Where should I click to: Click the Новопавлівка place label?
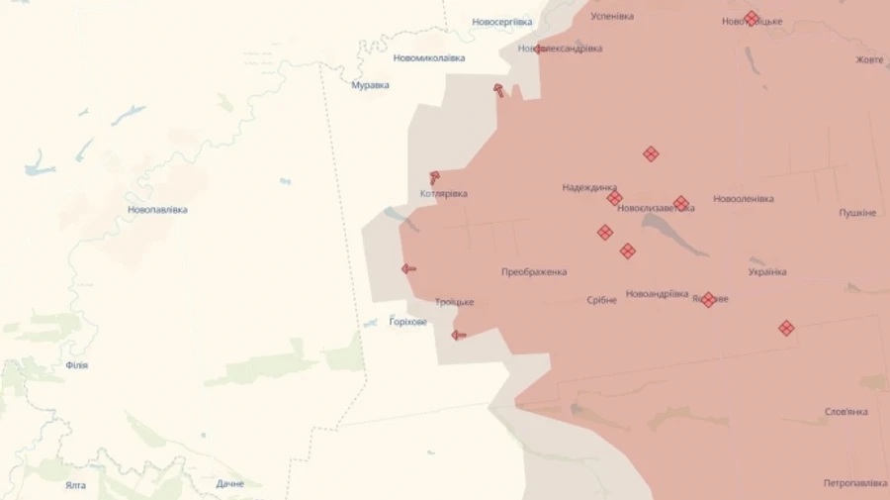coord(157,210)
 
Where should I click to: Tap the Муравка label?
coord(371,85)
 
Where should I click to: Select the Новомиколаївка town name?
coord(428,57)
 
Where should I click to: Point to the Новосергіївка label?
coord(501,22)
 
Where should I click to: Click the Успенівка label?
coord(612,17)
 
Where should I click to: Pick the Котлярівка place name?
coord(444,194)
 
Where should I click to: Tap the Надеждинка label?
coord(589,187)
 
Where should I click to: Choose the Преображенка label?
coord(534,271)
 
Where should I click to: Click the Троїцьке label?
coord(455,302)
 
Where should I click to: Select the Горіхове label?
coord(408,321)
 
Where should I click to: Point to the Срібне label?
coord(601,299)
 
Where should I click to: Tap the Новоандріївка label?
coord(657,294)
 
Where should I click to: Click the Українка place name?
coord(767,271)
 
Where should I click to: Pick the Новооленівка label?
coord(743,198)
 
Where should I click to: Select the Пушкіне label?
coord(857,213)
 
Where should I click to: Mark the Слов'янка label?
coord(845,412)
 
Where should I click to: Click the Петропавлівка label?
coord(854,483)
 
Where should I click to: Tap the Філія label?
coord(76,365)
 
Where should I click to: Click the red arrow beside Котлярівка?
coord(434,178)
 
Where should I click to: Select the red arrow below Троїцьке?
coord(459,335)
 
